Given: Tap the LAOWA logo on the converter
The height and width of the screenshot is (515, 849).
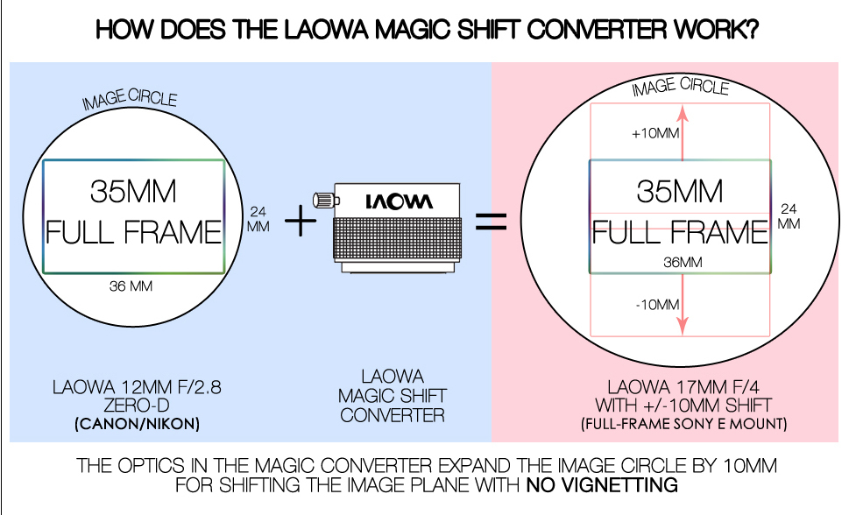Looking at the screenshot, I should (x=398, y=201).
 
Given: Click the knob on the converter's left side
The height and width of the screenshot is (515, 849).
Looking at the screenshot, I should (x=322, y=201).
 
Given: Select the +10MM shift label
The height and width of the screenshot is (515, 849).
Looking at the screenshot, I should (x=655, y=135).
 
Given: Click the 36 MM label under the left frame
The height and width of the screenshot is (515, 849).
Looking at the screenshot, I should (x=131, y=286).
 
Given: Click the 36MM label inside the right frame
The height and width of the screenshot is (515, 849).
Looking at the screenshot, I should (x=680, y=261).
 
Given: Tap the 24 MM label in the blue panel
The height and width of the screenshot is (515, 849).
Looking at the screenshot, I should (x=258, y=219).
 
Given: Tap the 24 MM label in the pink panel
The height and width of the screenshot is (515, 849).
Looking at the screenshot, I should (x=789, y=216).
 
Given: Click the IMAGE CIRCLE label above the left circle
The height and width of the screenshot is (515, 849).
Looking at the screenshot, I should (x=130, y=101).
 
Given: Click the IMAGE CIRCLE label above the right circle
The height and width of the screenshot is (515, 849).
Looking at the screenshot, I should (x=680, y=86).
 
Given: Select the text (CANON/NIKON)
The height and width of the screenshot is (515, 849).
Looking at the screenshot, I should (x=134, y=425).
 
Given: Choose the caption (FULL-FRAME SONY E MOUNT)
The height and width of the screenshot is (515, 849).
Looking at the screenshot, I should (x=683, y=425).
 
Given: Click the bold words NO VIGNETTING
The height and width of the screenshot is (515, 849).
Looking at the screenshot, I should (x=603, y=484).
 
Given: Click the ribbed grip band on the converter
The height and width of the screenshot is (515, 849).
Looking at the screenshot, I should (x=396, y=234).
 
